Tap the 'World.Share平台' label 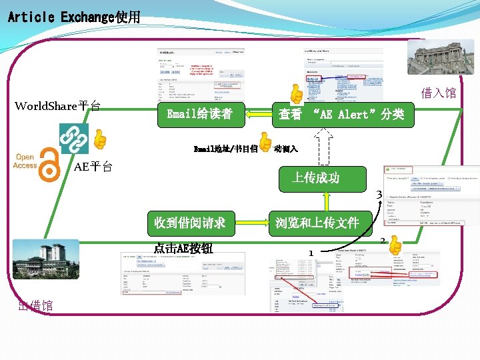point(58,106)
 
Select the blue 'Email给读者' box point(199,114)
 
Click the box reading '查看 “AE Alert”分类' point(341,114)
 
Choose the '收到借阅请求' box point(189,223)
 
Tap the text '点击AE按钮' point(183,249)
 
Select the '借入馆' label point(438,93)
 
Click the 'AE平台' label point(93,167)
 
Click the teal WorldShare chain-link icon point(73,138)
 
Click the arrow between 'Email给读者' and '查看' point(255,115)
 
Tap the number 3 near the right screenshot point(379,195)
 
